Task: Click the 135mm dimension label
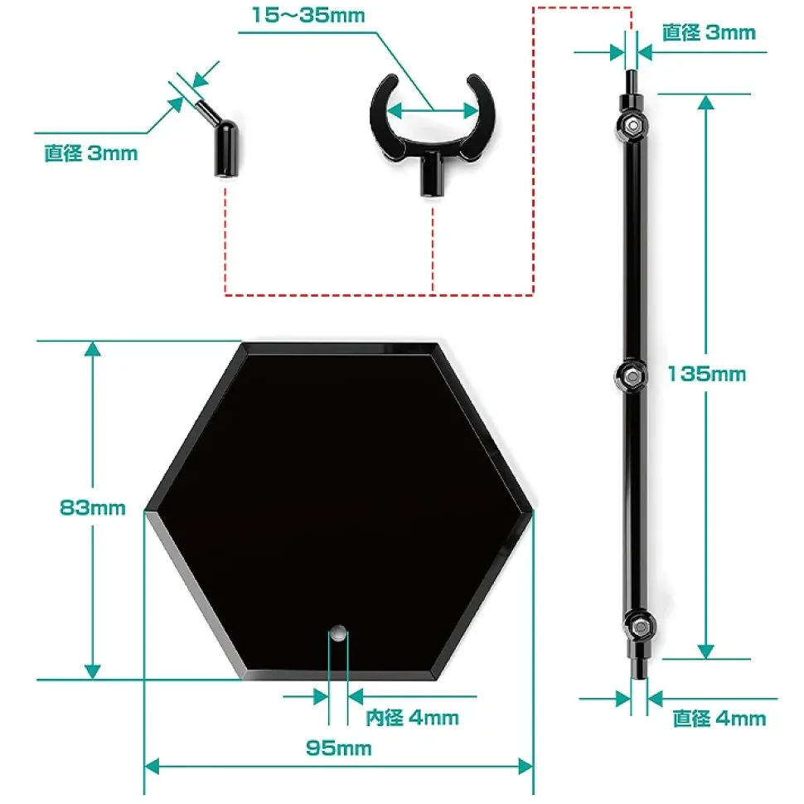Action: point(706,374)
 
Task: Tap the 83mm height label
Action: point(93,507)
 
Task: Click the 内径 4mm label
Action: point(412,717)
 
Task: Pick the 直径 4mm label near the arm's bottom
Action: point(719,719)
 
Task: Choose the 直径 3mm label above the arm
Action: point(709,32)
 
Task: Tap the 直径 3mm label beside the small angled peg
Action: point(91,153)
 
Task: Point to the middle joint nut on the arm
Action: point(631,375)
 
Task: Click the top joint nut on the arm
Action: point(632,125)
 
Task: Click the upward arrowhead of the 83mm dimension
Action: point(93,350)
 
